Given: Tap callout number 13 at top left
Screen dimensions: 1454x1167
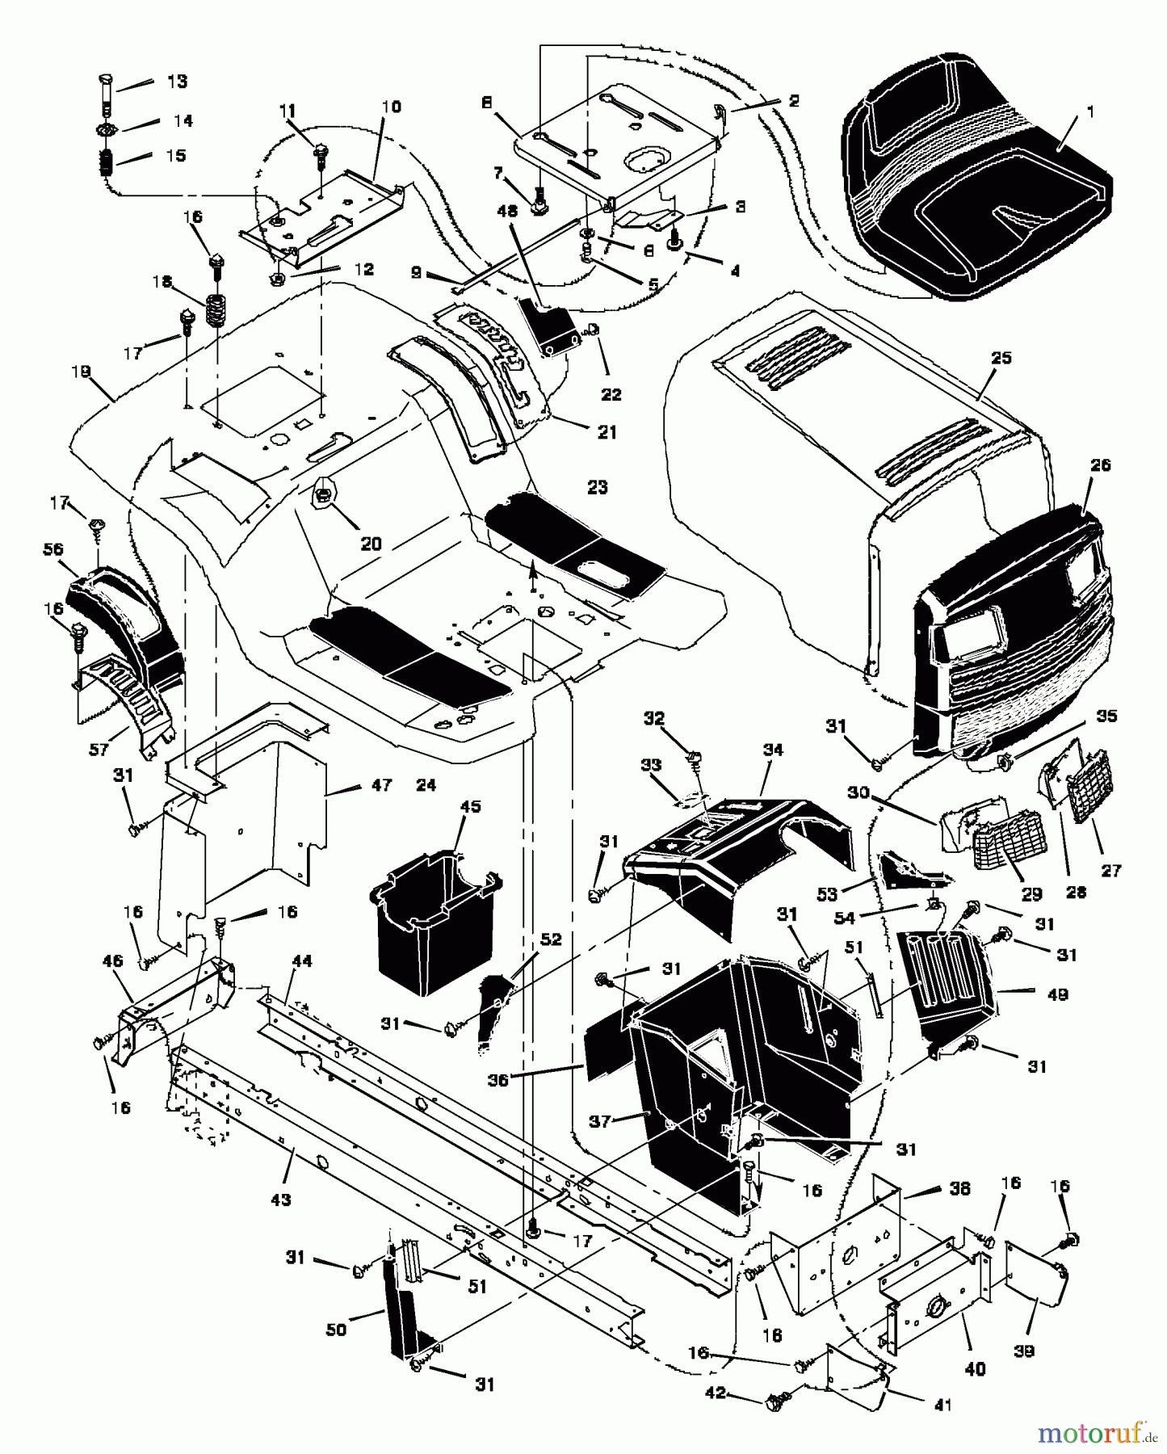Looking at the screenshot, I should (176, 82).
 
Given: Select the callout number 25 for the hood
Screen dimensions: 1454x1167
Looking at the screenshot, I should (1001, 358).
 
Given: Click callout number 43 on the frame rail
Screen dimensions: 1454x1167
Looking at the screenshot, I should (279, 1200).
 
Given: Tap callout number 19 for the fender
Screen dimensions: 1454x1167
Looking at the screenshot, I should (81, 373).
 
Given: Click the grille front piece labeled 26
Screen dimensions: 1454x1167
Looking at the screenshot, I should (1010, 630).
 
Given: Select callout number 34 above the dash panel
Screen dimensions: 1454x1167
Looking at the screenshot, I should (772, 750).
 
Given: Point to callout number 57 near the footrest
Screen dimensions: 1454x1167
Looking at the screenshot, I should (98, 750).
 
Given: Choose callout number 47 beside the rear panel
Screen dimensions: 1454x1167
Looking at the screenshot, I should (381, 784).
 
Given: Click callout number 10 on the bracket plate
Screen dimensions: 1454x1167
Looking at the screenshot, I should (391, 107).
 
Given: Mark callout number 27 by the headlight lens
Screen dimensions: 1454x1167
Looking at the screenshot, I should (1111, 870).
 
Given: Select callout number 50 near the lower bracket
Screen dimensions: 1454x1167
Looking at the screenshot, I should (335, 1330).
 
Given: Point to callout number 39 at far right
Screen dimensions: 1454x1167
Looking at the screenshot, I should (1023, 1351).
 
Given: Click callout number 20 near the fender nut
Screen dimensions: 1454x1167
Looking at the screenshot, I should (371, 544).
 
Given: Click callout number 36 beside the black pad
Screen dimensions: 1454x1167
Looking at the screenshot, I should (498, 1080).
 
